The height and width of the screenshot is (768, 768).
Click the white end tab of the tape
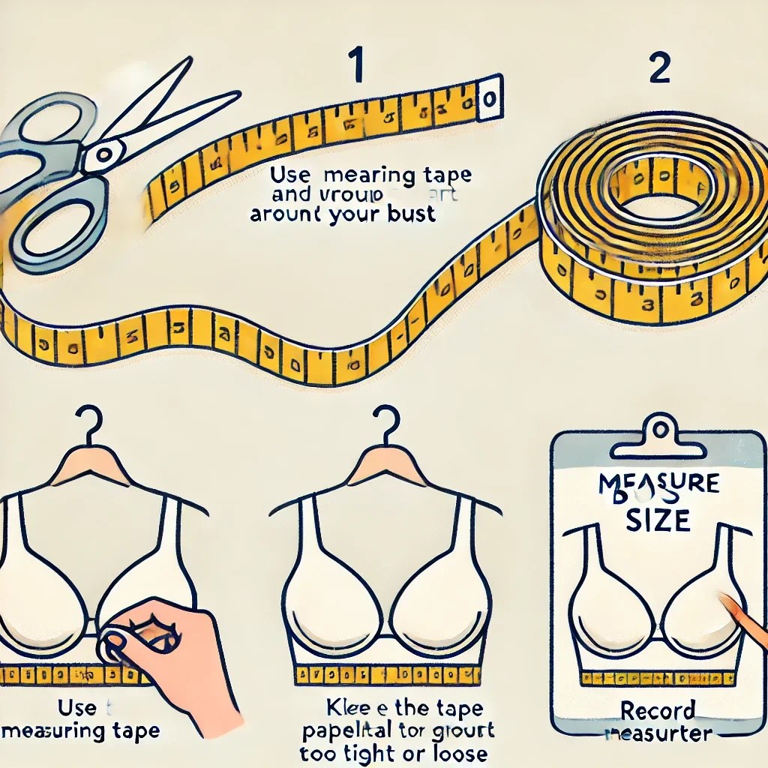click(490, 97)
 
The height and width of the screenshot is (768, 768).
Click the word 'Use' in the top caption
click(289, 177)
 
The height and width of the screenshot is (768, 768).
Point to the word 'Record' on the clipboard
click(658, 710)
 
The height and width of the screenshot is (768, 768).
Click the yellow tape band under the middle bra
click(386, 673)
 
